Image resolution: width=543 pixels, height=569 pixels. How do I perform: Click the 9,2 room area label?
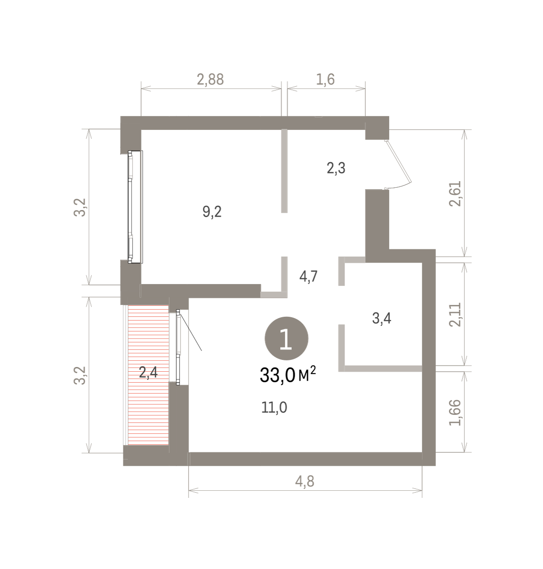coord(212,211)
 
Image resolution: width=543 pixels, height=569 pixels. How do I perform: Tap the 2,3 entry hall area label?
coord(336,168)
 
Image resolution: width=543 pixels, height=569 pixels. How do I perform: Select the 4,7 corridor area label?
coord(309,276)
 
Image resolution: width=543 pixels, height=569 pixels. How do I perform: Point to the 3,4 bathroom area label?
coord(382,318)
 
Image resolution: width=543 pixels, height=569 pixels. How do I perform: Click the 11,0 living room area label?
coord(274,407)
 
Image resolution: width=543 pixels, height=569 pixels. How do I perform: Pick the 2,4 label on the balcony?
coord(149,372)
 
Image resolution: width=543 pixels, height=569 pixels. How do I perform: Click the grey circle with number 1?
coord(286,339)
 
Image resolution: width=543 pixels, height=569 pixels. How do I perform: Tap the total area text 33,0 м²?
coord(288,375)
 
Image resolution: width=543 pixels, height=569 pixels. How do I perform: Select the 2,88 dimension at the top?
coord(211,80)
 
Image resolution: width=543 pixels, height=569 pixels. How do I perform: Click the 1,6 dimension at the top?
coord(326,80)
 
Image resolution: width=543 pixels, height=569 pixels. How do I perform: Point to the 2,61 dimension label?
coord(455,193)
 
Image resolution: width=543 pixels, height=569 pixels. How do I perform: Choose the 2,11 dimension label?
coord(455,314)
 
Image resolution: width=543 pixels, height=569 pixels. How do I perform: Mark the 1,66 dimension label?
coord(455,413)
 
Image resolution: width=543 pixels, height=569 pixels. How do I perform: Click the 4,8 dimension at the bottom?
coord(305,482)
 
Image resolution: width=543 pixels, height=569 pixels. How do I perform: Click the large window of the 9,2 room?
coord(135,207)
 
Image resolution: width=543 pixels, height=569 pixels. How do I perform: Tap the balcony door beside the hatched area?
coord(178,347)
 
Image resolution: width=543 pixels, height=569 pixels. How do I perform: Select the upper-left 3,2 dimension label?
coord(80,207)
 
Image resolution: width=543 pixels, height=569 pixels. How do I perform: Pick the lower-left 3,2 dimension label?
coord(80,376)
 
